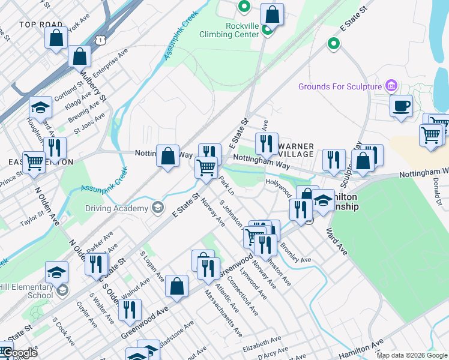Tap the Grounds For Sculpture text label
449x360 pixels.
[340, 86]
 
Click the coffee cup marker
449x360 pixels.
[402, 106]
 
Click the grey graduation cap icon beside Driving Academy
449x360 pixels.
[158, 208]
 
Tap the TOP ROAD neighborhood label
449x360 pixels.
[41, 25]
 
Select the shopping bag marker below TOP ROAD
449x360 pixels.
[56, 38]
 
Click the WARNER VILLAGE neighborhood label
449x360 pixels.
[296, 150]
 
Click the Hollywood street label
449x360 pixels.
[279, 184]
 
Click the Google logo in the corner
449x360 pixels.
[19, 353]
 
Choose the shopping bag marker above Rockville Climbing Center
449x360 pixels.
[273, 15]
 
